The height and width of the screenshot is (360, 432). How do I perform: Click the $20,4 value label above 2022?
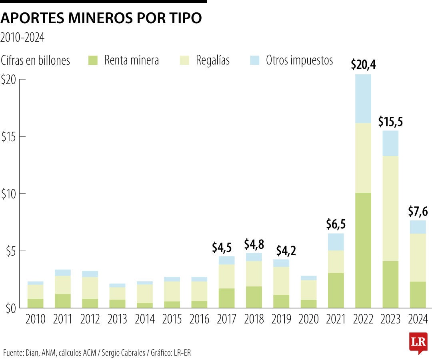(363, 64)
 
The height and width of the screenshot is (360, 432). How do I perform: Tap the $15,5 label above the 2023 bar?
(390, 121)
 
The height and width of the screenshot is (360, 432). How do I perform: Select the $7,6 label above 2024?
(418, 211)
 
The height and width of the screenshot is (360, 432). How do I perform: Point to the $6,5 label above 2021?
(336, 224)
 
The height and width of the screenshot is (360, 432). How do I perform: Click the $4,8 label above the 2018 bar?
(254, 244)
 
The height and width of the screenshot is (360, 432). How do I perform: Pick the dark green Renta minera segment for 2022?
(363, 250)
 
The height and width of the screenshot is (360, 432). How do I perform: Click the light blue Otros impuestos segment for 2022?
(363, 98)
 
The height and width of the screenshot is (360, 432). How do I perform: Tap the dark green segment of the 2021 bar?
(336, 290)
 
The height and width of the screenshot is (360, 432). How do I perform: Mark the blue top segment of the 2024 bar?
(418, 227)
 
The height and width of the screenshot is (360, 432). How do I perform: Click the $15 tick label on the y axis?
(8, 137)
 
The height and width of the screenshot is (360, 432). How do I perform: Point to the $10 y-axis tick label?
(8, 194)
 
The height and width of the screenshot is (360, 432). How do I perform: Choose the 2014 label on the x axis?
(144, 319)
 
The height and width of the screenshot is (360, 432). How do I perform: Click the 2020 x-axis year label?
(308, 319)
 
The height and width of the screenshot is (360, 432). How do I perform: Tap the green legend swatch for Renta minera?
(92, 60)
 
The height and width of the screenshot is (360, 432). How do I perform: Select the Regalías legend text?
(213, 60)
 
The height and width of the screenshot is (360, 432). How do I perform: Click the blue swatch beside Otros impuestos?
(255, 60)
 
